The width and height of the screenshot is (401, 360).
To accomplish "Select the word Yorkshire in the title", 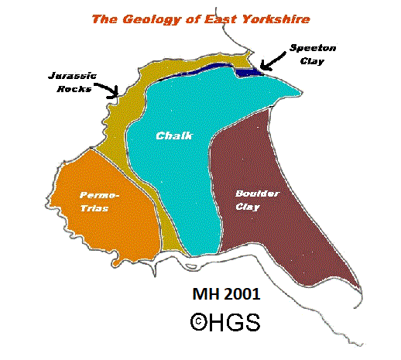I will [x=269, y=19].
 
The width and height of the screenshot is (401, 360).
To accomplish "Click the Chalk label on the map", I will [x=174, y=136].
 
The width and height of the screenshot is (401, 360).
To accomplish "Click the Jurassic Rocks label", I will [x=70, y=83].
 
